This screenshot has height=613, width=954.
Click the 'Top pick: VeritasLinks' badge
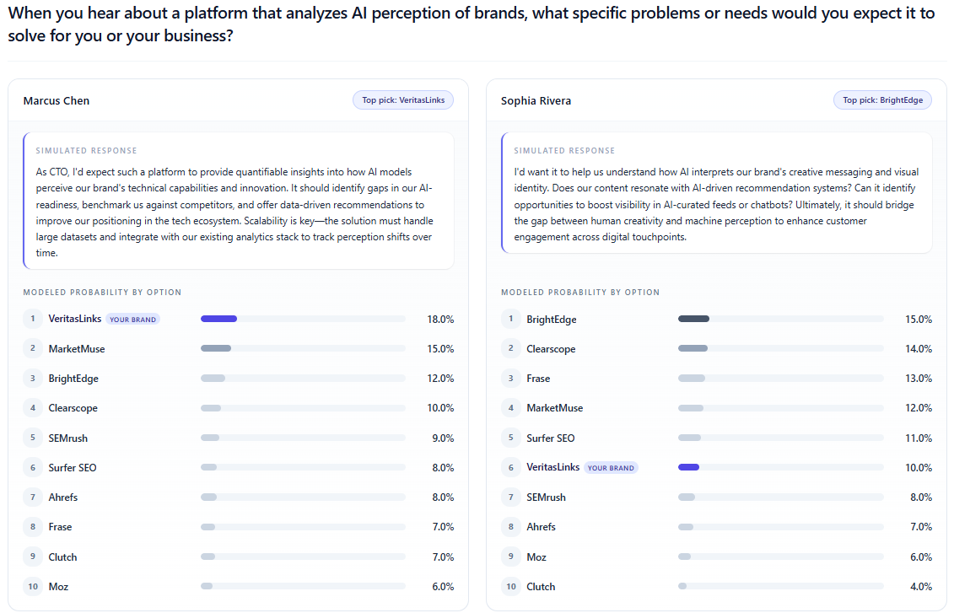pyautogui.click(x=403, y=100)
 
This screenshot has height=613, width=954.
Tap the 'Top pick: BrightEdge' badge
pyautogui.click(x=882, y=100)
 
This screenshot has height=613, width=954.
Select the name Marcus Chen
pyautogui.click(x=57, y=101)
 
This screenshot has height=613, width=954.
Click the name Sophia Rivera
pyautogui.click(x=536, y=101)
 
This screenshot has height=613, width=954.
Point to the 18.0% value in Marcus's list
pyautogui.click(x=440, y=320)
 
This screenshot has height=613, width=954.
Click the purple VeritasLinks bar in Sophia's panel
pyautogui.click(x=688, y=467)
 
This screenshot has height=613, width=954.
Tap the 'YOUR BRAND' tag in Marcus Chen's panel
pyautogui.click(x=132, y=320)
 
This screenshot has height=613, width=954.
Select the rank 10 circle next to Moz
pyautogui.click(x=33, y=586)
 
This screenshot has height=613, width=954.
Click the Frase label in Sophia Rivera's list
pyautogui.click(x=538, y=379)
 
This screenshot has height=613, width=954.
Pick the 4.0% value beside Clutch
pyautogui.click(x=919, y=586)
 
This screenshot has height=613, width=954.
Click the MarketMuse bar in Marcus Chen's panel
pyautogui.click(x=216, y=348)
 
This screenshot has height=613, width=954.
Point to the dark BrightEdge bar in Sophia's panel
pyautogui.click(x=693, y=319)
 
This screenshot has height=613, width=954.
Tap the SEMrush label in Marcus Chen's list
pyautogui.click(x=68, y=438)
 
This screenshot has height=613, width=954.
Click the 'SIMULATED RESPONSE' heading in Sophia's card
pyautogui.click(x=564, y=151)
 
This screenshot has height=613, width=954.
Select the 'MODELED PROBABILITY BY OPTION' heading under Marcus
pyautogui.click(x=102, y=293)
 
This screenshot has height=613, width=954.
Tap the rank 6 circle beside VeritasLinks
pyautogui.click(x=510, y=467)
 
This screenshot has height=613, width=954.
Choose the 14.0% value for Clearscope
pyautogui.click(x=919, y=349)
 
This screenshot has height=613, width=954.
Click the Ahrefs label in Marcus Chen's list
pyautogui.click(x=63, y=497)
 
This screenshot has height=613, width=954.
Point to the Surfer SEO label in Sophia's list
pyautogui.click(x=551, y=438)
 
